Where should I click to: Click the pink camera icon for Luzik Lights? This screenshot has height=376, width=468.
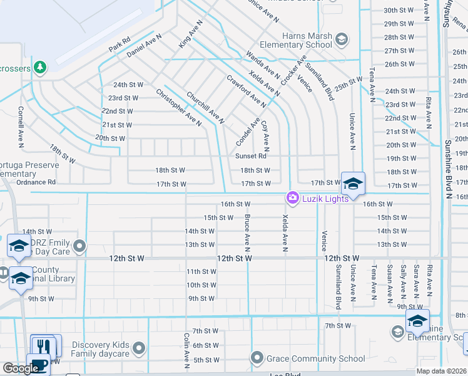292,198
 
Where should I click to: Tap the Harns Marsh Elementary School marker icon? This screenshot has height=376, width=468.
342,40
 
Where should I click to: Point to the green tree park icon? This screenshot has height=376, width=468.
41,66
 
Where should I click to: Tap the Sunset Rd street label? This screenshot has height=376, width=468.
250,156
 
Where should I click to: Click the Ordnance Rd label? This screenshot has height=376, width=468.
36,182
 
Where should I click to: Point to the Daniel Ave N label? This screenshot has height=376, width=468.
145,46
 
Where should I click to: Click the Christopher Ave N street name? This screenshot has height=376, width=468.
179,108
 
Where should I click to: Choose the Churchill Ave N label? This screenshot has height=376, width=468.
205,107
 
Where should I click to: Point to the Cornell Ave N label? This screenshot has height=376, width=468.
21,123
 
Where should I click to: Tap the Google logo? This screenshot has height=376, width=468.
21,368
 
